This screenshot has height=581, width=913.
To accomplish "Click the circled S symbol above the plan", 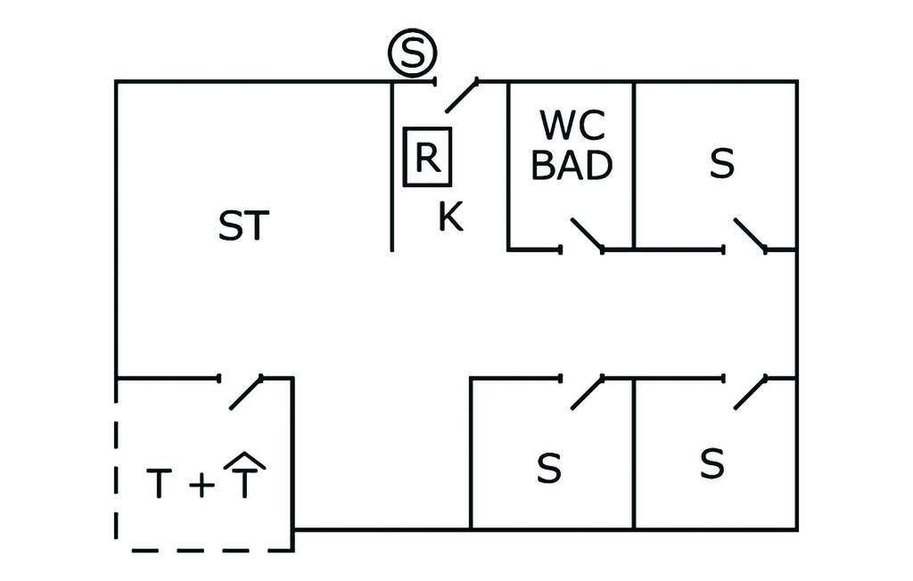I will (x=412, y=55).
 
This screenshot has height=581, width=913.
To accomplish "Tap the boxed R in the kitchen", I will (x=427, y=157).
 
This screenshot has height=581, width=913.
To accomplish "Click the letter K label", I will (x=451, y=217).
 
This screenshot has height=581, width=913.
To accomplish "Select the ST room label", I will (x=243, y=226).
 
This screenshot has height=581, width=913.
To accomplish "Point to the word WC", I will (x=572, y=127).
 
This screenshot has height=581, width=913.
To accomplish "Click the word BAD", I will (x=572, y=166).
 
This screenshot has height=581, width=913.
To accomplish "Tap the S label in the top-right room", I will (x=722, y=164).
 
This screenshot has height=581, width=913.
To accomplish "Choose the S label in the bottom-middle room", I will (x=549, y=469).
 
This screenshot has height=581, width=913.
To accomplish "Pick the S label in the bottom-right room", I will (x=711, y=464).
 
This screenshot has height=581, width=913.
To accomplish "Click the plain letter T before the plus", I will (x=158, y=485).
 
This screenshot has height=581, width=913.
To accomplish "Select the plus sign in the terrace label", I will (x=202, y=486).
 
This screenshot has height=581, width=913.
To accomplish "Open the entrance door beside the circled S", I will (x=460, y=95).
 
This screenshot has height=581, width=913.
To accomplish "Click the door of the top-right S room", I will (x=749, y=234).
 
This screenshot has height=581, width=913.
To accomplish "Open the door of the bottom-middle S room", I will (x=586, y=392).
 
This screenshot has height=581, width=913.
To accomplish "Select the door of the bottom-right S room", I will (x=750, y=392).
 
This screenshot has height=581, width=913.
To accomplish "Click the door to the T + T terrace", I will (x=245, y=392).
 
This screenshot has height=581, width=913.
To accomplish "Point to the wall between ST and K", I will (x=392, y=169).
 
